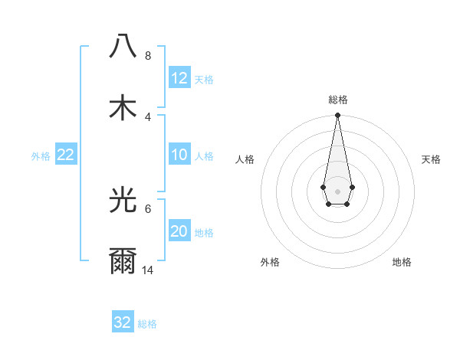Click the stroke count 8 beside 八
click(148, 56)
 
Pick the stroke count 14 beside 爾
click(148, 270)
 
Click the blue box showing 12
click(179, 78)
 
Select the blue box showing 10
click(179, 155)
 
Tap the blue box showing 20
click(179, 231)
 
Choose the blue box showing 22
click(66, 155)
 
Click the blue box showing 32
click(123, 322)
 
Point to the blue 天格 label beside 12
click(204, 80)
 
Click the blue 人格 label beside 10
click(204, 156)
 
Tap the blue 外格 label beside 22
click(41, 156)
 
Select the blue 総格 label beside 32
click(147, 324)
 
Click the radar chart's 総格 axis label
click(337, 100)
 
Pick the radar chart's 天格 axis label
click(431, 159)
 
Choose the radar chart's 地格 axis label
click(402, 262)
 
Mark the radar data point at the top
click(337, 116)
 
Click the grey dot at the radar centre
click(337, 190)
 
